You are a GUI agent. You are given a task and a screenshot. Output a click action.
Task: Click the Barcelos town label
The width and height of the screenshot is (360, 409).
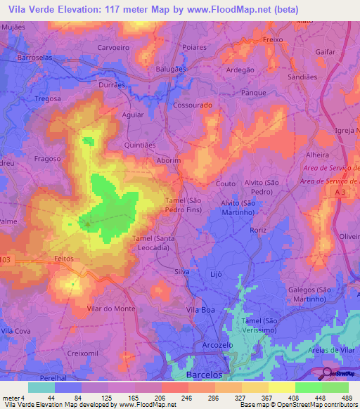[x=208, y=375]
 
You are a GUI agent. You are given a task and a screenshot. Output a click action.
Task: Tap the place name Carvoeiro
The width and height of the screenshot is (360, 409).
[x=112, y=48]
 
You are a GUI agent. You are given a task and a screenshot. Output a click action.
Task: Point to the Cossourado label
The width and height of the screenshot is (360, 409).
[x=193, y=104]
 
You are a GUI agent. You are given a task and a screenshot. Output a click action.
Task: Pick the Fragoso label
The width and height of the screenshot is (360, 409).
[x=47, y=159]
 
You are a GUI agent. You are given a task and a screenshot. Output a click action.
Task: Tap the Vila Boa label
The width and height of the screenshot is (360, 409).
[x=199, y=309]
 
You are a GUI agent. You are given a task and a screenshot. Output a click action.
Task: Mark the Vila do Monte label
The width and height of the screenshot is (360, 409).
[x=110, y=309]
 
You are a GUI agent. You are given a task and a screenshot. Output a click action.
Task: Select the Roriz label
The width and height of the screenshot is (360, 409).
[x=258, y=229]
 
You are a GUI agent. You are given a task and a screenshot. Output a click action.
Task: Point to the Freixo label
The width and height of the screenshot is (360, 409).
[x=272, y=40]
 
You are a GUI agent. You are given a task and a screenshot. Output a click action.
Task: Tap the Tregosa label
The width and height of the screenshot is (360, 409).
[x=48, y=99]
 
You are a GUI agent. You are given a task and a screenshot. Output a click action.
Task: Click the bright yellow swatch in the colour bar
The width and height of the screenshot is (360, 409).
[x=281, y=387]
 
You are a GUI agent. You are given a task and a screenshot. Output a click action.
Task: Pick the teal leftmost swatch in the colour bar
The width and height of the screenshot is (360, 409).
[x=41, y=387]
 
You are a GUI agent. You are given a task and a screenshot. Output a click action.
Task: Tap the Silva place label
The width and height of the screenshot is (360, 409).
[x=183, y=271]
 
